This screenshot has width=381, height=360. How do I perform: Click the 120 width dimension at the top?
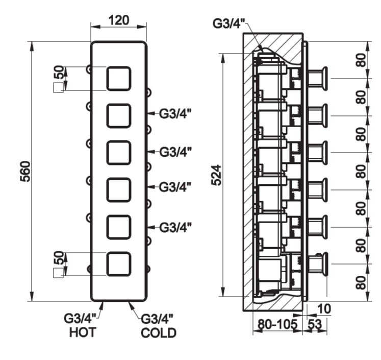[x=118, y=20]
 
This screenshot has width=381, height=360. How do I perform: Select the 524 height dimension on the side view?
[x=216, y=175]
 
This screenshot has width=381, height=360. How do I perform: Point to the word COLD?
[x=158, y=332]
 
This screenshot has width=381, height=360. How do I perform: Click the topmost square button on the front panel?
[x=119, y=79]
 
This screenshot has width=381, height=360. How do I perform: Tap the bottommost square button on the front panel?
[x=119, y=264]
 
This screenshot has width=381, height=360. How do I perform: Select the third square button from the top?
[x=119, y=153]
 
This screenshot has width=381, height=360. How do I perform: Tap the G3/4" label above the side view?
[x=230, y=23]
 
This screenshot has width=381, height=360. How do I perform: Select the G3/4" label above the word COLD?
[x=157, y=319]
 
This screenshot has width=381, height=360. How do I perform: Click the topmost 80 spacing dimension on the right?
[x=362, y=60]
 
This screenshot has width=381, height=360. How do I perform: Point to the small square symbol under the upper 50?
[x=58, y=88]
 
